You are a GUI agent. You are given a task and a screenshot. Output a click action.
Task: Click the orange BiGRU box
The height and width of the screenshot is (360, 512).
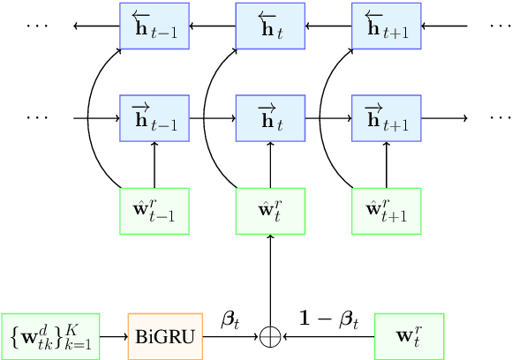click(165, 336)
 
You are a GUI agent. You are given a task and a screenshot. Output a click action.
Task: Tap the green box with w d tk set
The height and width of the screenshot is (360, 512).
click(51, 336)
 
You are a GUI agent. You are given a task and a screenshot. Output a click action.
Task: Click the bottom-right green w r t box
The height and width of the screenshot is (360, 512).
click(409, 336)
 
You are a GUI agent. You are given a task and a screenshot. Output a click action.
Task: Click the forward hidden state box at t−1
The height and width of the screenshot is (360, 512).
click(154, 117)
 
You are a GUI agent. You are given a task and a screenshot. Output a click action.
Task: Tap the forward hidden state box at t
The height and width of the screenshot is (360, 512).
click(270, 117)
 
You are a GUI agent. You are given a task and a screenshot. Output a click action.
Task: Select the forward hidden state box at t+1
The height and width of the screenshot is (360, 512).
click(386, 117)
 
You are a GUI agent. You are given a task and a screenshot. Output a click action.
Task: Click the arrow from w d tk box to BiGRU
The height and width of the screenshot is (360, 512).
click(113, 336)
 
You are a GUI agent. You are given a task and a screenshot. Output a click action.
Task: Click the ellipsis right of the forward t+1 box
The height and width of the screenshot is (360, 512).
click(500, 117)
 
